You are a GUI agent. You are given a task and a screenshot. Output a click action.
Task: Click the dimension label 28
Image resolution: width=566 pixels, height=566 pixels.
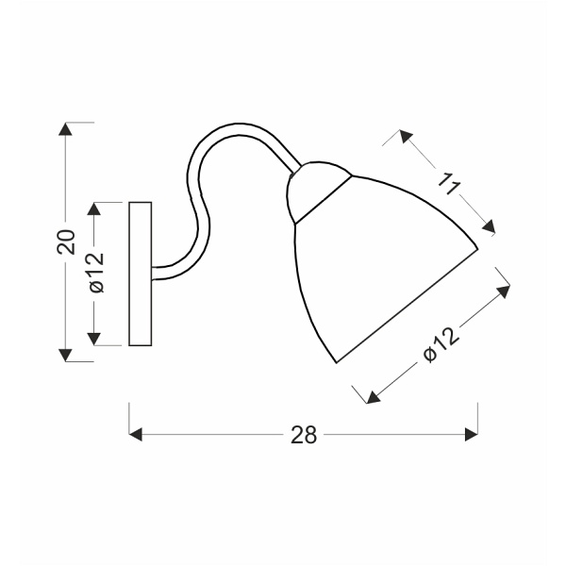[x=303, y=434]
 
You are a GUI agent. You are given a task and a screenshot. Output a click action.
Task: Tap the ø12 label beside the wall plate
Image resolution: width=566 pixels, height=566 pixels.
[x=95, y=274]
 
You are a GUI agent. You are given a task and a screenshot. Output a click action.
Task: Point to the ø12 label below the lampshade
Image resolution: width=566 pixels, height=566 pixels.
[x=440, y=343]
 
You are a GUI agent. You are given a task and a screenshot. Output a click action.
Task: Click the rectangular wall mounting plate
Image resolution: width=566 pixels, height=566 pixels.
[x=140, y=274]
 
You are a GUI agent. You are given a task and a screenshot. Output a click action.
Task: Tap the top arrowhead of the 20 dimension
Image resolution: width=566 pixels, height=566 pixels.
[x=65, y=129]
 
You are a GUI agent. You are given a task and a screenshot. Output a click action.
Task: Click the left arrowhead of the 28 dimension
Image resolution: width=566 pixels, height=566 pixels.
[x=135, y=434]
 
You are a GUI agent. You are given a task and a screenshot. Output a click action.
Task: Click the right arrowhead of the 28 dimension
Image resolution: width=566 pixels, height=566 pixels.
[x=472, y=434]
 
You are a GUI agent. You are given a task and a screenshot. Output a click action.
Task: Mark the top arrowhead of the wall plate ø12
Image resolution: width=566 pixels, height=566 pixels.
[x=94, y=209]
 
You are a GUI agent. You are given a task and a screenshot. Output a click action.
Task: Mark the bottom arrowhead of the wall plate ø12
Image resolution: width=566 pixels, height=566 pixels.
[x=94, y=338]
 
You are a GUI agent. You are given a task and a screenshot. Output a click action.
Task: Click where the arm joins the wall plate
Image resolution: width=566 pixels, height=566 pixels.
[x=154, y=273]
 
